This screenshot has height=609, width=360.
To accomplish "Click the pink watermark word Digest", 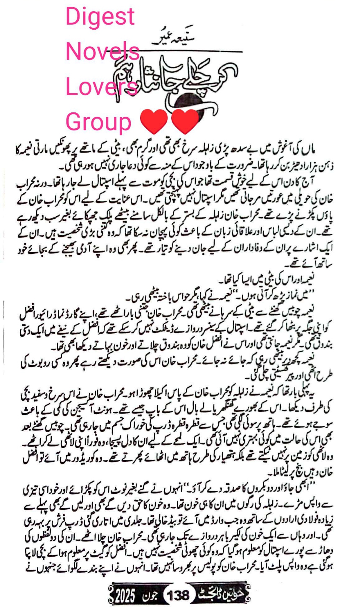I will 100,17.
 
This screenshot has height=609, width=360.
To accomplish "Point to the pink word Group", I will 98,122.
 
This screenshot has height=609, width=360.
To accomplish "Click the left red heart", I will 153,121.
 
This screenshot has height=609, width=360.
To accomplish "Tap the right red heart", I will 185,121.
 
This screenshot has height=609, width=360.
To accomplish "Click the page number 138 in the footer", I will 178,595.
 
